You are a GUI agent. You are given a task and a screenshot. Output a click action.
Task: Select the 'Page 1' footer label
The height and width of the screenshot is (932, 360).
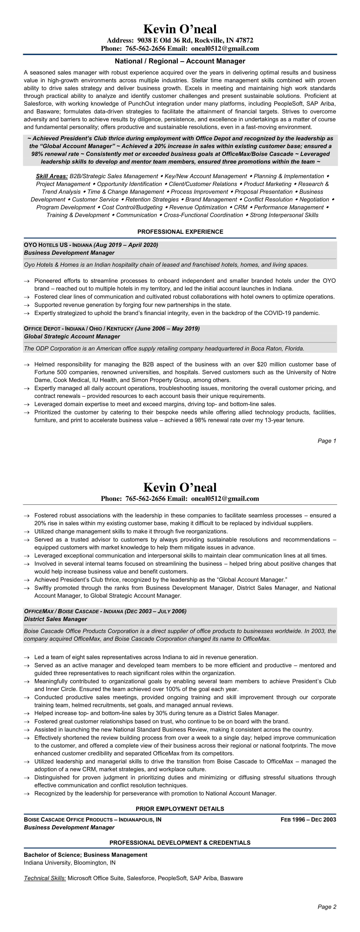pyautogui.click(x=327, y=441)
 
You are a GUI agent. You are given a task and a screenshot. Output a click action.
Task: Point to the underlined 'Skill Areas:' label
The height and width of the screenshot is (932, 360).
pyautogui.click(x=52, y=176)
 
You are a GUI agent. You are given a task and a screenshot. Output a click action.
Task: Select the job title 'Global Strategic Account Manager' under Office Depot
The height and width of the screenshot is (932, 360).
pyautogui.click(x=72, y=337)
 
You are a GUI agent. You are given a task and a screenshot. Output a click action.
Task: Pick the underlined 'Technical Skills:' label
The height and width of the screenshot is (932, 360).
pyautogui.click(x=45, y=878)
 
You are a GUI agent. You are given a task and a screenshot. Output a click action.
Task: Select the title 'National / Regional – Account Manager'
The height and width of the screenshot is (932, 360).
pyautogui.click(x=180, y=61)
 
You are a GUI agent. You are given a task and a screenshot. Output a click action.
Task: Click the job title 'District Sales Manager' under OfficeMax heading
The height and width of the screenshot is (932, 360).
pyautogui.click(x=55, y=619)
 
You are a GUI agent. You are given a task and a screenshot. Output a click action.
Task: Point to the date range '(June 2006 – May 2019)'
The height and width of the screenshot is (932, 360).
pyautogui.click(x=167, y=329)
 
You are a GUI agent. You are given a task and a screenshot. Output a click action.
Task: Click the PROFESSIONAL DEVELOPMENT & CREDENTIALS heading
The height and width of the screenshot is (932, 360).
pyautogui.click(x=180, y=843)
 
